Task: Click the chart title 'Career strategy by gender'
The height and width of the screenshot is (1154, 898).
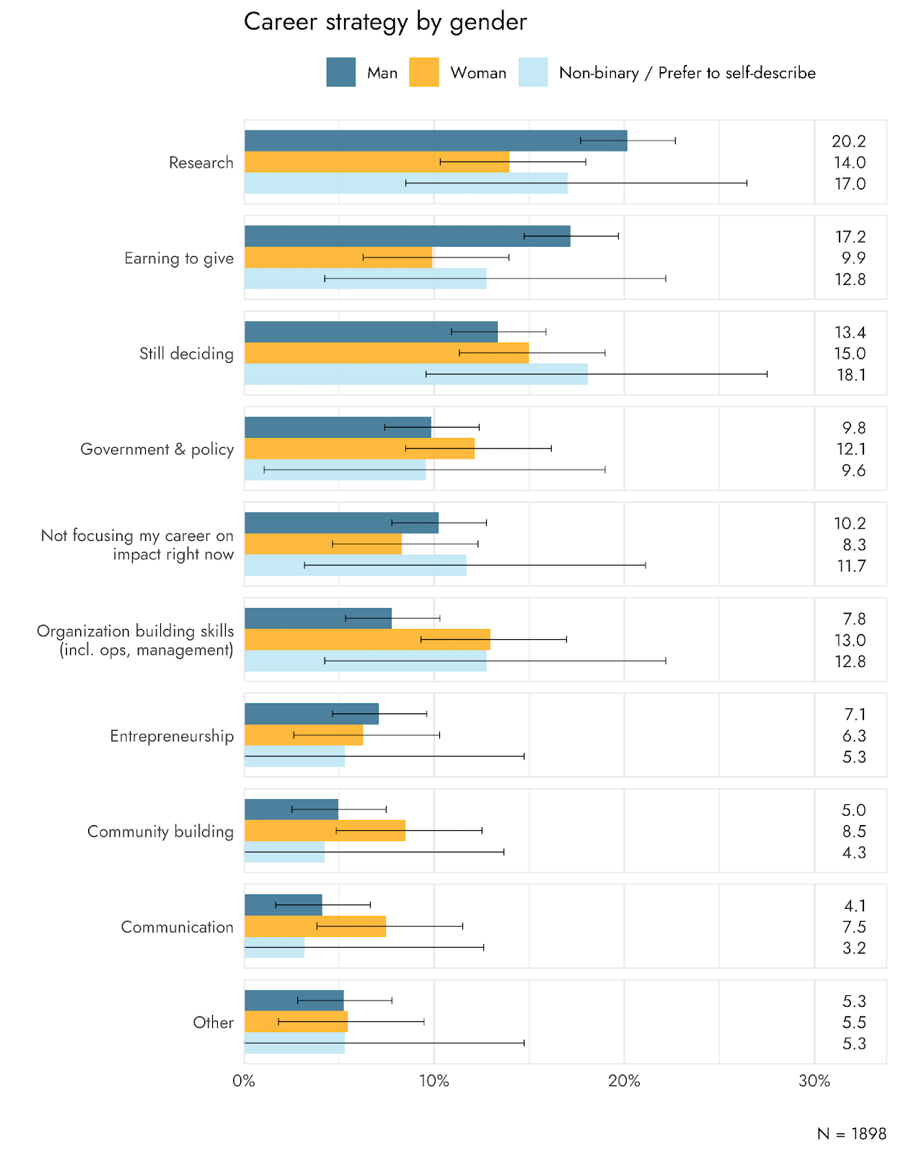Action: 385,22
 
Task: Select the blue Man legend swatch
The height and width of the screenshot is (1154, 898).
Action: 340,72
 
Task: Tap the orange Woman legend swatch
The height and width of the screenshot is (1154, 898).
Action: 423,72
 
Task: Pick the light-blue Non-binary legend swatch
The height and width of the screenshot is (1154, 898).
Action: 533,72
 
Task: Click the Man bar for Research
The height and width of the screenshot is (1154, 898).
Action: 436,141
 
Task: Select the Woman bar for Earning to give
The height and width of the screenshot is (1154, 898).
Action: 338,257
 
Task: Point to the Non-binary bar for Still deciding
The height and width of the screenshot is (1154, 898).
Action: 416,374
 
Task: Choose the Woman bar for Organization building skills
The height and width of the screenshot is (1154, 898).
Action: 367,640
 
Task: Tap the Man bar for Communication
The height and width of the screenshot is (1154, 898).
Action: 283,904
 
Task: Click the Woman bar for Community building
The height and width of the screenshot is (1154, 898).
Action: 325,831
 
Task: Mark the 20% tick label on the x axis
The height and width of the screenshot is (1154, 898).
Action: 624,1081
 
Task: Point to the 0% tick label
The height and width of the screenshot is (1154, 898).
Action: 244,1081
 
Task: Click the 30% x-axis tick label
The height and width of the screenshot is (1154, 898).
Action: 814,1081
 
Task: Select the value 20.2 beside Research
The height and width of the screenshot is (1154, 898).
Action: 849,141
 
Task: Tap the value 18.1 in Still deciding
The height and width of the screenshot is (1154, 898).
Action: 850,375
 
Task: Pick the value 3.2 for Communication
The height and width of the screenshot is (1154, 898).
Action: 854,948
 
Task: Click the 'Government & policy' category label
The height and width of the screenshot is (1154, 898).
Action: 157,449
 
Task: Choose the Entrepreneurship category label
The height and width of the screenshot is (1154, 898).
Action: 172,736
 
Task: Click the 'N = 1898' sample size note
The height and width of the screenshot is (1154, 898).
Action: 851,1134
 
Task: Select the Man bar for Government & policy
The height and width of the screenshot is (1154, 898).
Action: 338,427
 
